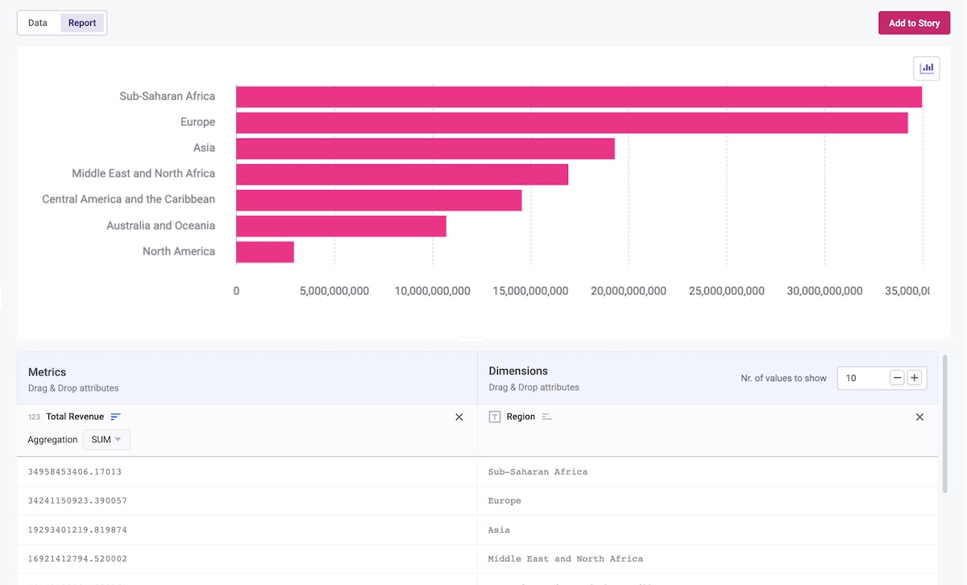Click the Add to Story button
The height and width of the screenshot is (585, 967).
tap(914, 23)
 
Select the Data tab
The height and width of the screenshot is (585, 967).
tap(38, 23)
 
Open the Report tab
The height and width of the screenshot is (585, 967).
tap(82, 23)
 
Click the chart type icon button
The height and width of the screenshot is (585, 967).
tap(927, 68)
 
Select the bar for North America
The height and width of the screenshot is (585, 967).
tap(265, 252)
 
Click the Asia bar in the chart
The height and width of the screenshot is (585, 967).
tap(425, 149)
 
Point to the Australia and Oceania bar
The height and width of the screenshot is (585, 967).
tap(341, 226)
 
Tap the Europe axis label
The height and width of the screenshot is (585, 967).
tap(197, 122)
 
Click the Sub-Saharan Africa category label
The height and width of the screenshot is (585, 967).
tap(168, 97)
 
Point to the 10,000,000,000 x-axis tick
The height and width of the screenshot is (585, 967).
tap(433, 291)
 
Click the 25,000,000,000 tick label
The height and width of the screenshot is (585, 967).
tap(727, 291)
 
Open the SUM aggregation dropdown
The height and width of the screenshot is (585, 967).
tap(106, 440)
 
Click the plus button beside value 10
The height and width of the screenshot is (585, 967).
tap(915, 378)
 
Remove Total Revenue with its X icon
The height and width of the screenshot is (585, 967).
tap(459, 417)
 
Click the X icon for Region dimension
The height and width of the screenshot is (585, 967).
tap(919, 417)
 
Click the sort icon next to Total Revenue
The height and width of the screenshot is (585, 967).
tap(115, 417)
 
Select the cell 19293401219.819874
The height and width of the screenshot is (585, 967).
tap(77, 530)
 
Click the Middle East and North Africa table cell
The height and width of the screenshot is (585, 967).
tap(566, 559)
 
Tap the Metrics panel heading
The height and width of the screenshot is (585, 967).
tap(48, 372)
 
